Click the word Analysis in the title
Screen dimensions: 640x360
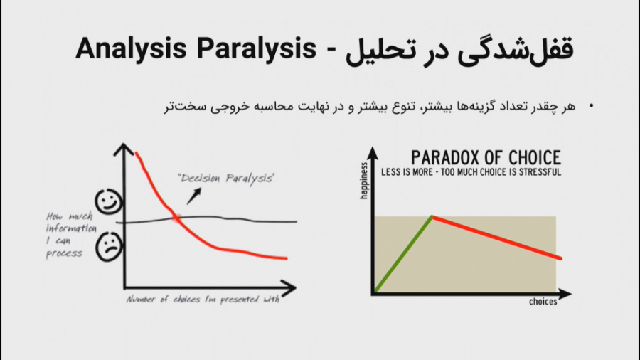(131, 49)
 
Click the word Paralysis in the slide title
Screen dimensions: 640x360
(256, 49)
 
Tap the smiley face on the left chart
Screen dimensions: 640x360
(108, 201)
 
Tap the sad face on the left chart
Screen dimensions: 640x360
(109, 247)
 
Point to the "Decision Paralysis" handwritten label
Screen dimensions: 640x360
(225, 179)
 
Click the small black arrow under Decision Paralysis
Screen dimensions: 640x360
(194, 196)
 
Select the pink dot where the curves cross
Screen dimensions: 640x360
(176, 218)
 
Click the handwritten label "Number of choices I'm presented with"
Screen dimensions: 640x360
(203, 300)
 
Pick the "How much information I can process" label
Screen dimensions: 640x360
(70, 235)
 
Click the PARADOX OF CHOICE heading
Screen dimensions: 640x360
(486, 157)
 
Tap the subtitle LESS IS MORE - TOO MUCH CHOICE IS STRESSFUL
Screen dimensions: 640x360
(471, 172)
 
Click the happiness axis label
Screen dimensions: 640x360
(364, 181)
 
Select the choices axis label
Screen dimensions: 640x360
(543, 302)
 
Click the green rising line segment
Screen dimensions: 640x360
(403, 254)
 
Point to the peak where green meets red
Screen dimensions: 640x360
(432, 216)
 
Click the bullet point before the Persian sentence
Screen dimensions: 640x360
(591, 106)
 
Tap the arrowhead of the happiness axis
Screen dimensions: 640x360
(372, 153)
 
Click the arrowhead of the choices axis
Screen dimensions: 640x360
(565, 293)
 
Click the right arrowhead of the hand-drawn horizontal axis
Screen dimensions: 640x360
(288, 287)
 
